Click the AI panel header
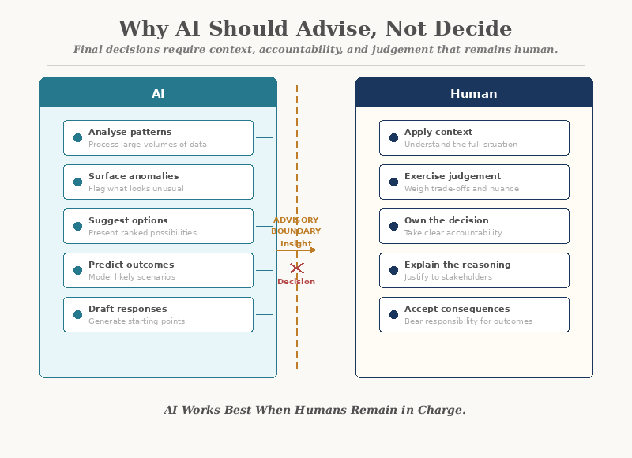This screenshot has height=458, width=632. [158, 93]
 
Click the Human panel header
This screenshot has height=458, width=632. [474, 93]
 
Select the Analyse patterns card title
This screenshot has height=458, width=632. [130, 132]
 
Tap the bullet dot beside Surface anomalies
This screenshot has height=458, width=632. [77, 182]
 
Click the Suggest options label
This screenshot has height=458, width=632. [128, 220]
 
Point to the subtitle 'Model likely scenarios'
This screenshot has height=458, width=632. [132, 277]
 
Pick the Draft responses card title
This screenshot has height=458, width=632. [127, 309]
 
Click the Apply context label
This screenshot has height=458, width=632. [438, 132]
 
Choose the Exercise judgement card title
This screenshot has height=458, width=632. [453, 176]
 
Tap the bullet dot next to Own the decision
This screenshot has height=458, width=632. [393, 226]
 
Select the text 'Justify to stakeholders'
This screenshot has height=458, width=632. [448, 277]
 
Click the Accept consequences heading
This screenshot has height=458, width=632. [457, 309]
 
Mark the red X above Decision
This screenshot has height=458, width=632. [296, 268]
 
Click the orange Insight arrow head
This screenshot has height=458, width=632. [313, 250]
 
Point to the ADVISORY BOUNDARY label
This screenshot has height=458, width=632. [296, 226]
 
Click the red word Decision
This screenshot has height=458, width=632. [296, 282]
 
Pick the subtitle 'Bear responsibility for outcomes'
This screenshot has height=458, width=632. [468, 321]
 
